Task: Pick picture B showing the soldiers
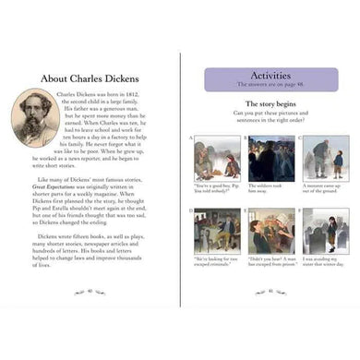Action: (271, 158)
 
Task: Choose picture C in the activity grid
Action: (324, 159)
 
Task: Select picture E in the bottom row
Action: (271, 230)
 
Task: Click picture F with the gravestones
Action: (324, 230)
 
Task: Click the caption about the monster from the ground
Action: (324, 188)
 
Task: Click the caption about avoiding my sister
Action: (324, 262)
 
